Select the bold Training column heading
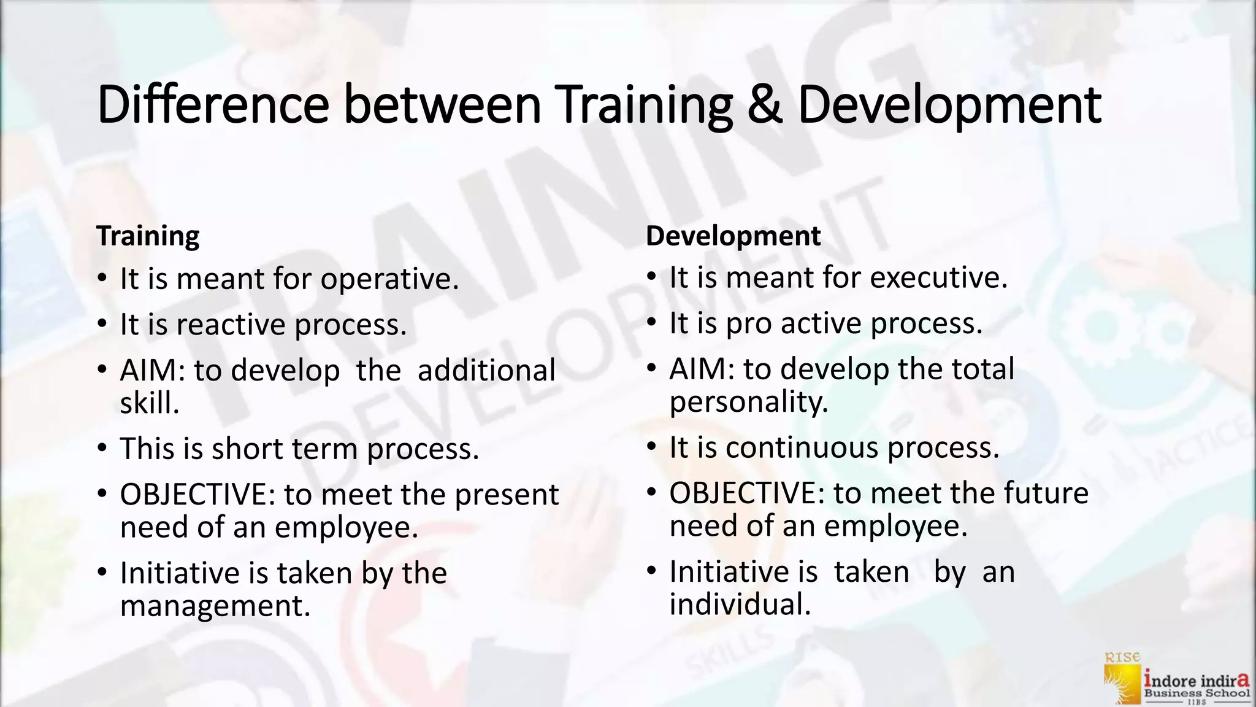[x=148, y=236]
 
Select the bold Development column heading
[x=733, y=236]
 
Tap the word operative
[x=389, y=280]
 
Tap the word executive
[x=938, y=278]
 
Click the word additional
[x=486, y=371]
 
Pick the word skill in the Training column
[x=149, y=404]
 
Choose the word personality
[x=748, y=403]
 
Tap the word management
[x=215, y=606]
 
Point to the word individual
[x=740, y=605]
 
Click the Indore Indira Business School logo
[x=1176, y=678]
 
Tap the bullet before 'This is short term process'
[x=102, y=448]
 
